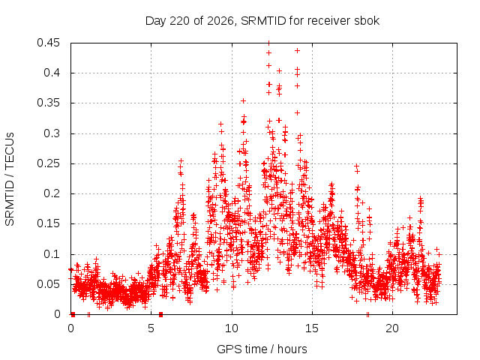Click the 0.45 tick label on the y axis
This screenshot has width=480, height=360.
[x=48, y=43]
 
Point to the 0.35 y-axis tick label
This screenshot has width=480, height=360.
[x=48, y=103]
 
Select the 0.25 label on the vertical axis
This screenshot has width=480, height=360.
[x=48, y=163]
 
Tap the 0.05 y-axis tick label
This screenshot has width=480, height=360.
[x=48, y=284]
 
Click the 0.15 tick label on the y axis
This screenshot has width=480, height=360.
[x=48, y=223]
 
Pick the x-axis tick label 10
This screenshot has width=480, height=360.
[x=232, y=328]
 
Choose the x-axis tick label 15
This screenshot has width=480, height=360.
[x=312, y=328]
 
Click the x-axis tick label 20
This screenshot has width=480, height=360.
[x=392, y=328]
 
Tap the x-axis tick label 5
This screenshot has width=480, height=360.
[x=151, y=328]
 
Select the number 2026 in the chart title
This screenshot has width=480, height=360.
[x=220, y=21]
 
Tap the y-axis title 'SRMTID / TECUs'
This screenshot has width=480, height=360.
[x=10, y=179]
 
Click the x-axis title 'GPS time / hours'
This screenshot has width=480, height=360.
[x=262, y=349]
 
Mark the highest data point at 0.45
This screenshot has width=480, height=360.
[x=268, y=43]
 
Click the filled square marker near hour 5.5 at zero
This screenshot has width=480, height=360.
[x=161, y=314]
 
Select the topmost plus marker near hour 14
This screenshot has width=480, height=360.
[x=297, y=51]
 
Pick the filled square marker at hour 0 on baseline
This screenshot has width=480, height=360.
[x=73, y=314]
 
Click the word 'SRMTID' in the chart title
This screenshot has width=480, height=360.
[x=263, y=21]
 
